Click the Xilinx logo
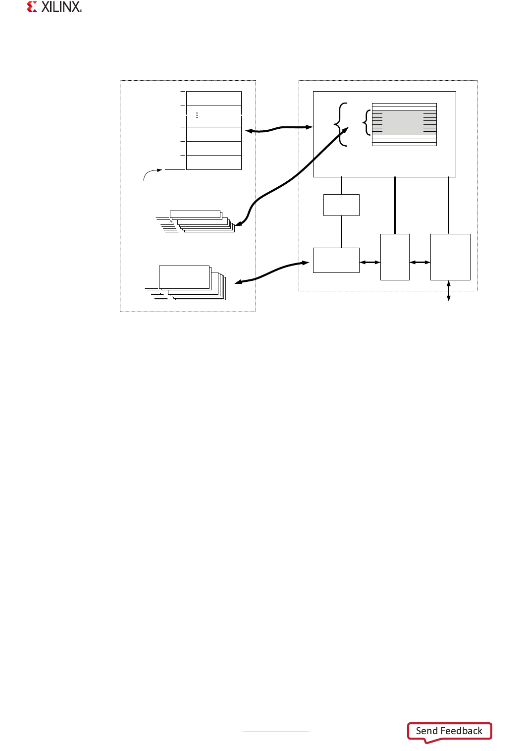(54, 7)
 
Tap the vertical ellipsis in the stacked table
(197, 115)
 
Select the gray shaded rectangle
(404, 122)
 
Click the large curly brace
(341, 124)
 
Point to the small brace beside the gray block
(367, 122)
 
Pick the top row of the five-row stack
(213, 98)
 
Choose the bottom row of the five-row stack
(213, 162)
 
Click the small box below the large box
(341, 205)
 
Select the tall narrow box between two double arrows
(395, 257)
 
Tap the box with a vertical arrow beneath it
(450, 257)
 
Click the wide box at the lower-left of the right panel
(336, 260)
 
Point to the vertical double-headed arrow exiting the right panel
(449, 291)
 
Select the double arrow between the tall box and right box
(420, 263)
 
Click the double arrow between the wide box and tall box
(370, 263)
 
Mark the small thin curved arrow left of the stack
(151, 173)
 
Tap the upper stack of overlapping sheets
(201, 221)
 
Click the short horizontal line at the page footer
(276, 732)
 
